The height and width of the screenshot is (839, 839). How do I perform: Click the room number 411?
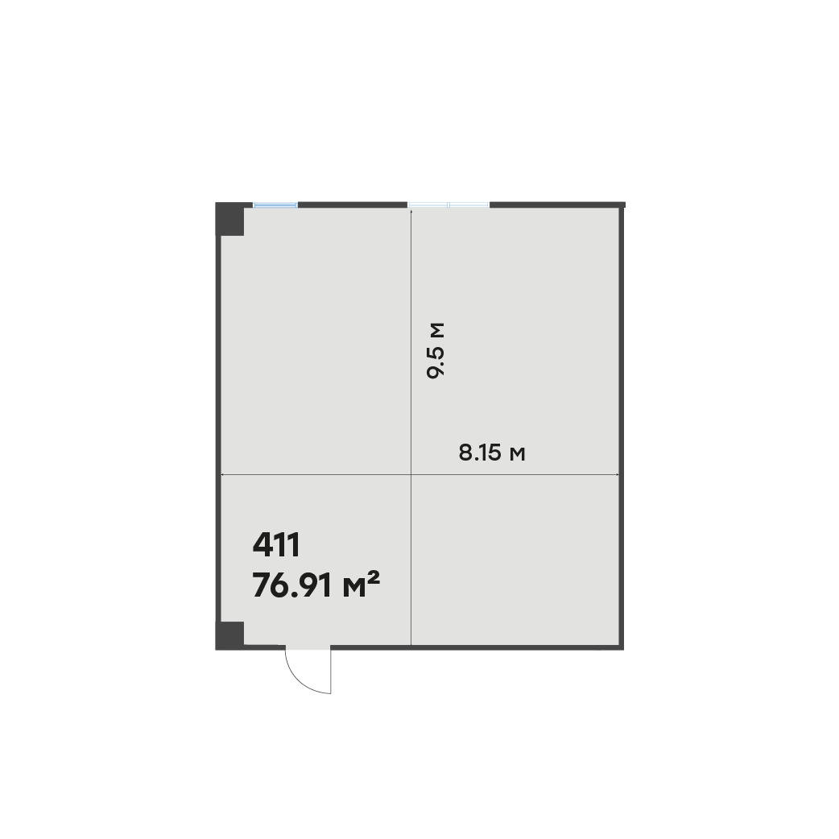click(276, 545)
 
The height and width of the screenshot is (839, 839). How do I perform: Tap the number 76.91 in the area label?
click(292, 585)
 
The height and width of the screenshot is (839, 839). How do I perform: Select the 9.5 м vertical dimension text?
click(436, 350)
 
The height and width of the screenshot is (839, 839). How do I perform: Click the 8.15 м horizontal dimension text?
click(492, 453)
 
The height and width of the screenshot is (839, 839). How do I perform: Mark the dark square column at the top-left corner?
click(230, 219)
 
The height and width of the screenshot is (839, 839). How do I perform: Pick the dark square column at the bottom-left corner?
click(230, 635)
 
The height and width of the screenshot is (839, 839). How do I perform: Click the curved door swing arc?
click(299, 680)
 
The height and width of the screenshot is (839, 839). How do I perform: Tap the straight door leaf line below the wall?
click(331, 672)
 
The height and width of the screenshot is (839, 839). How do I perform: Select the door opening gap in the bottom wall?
click(308, 647)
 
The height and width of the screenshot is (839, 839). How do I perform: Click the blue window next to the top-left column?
click(275, 205)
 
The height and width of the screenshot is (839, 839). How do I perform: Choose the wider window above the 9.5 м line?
click(448, 205)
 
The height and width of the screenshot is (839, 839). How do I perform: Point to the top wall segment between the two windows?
click(353, 205)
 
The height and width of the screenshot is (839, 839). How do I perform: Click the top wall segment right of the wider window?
click(557, 205)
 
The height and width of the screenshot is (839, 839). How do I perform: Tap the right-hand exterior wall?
click(622, 427)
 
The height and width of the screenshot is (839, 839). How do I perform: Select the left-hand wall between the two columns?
click(218, 428)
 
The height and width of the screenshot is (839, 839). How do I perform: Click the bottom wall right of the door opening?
click(477, 647)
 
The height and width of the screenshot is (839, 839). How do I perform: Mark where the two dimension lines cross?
click(411, 474)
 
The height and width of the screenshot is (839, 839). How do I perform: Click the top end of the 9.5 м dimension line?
click(411, 209)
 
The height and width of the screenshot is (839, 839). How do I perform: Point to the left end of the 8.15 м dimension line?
click(221, 474)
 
